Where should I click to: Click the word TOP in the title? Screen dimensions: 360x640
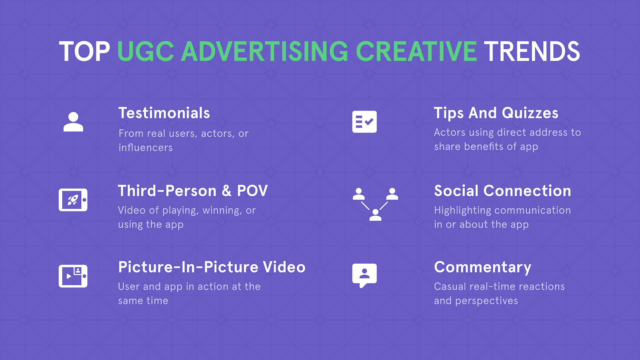(x=84, y=52)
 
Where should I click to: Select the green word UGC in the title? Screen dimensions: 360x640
(x=146, y=52)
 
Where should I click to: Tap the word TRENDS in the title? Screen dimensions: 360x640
(x=532, y=52)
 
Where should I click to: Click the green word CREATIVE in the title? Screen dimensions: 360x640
(x=416, y=52)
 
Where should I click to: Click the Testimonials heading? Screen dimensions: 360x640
(x=164, y=113)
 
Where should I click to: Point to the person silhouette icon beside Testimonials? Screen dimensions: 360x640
(x=73, y=122)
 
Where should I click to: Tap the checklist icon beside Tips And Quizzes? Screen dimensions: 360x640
(x=364, y=122)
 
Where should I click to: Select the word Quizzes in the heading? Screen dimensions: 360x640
(x=530, y=113)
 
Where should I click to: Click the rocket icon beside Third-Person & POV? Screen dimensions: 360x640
(x=73, y=200)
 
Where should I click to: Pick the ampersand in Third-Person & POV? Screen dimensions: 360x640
(x=227, y=191)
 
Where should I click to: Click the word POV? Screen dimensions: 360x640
(x=252, y=191)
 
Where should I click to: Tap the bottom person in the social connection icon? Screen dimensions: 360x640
(x=375, y=215)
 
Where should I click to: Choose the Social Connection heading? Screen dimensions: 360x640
(x=502, y=191)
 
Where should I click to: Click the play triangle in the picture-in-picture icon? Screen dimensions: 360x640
(x=69, y=276)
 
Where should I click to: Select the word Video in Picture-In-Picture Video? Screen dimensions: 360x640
(x=284, y=267)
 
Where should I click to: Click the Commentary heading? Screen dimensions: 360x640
(x=482, y=267)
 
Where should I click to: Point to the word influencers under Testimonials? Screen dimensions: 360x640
(x=146, y=148)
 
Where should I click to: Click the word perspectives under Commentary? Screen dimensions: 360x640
(x=486, y=301)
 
